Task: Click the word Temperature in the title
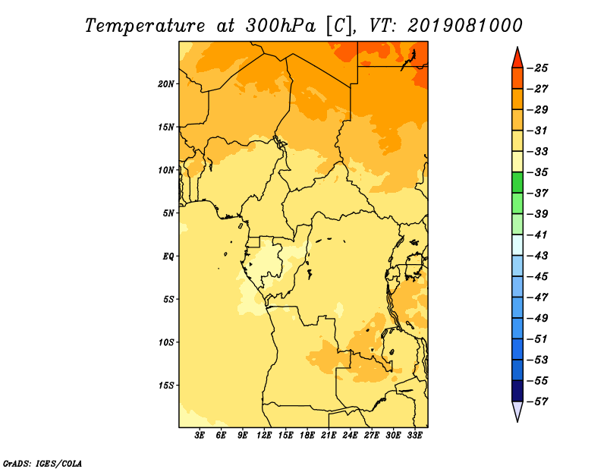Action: coord(145,26)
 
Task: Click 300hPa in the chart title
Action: coord(280,26)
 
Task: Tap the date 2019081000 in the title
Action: coord(465,26)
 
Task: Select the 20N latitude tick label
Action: coord(166,84)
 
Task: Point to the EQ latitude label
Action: coord(168,257)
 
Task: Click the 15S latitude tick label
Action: coord(166,386)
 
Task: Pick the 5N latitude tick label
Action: coord(168,213)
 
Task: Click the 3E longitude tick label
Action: coord(200,436)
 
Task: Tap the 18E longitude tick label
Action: coord(307,436)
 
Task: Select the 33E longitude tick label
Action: coord(414,436)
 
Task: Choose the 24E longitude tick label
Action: coord(350,436)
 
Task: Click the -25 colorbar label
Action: coord(538,68)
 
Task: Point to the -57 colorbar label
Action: coord(538,401)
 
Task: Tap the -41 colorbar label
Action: coord(538,235)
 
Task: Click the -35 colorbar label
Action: coord(538,172)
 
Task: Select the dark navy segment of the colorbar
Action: coord(517,391)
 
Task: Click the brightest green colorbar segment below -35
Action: coord(517,183)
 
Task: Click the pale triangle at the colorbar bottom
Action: coord(517,411)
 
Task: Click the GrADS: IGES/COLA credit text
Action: coord(42,464)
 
